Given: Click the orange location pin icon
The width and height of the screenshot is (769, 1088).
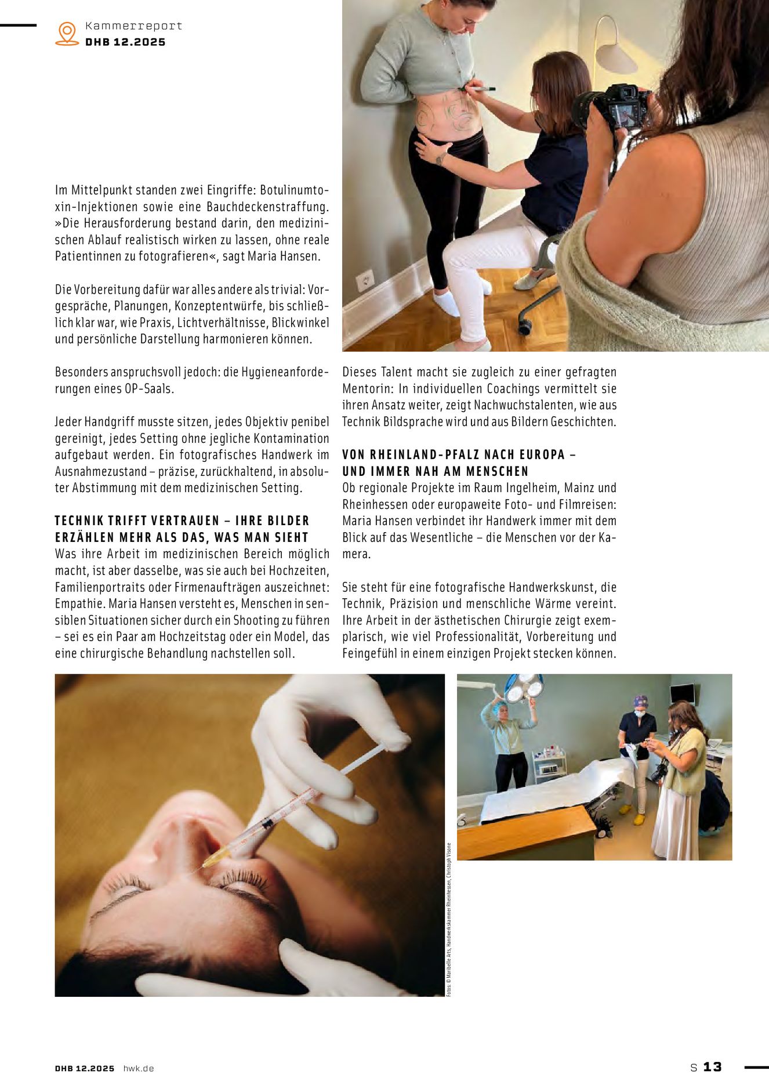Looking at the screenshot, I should point(67,33).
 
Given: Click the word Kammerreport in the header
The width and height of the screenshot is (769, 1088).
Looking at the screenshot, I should point(133,26).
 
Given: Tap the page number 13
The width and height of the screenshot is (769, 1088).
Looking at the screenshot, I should point(712,1067).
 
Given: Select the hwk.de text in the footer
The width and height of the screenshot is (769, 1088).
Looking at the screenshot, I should point(139,1068).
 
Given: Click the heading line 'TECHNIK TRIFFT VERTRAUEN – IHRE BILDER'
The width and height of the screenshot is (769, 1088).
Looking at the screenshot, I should point(182,520).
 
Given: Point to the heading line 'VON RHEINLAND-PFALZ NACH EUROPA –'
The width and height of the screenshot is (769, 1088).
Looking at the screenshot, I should point(459,454).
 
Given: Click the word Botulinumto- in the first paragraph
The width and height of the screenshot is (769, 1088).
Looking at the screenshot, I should point(294,190).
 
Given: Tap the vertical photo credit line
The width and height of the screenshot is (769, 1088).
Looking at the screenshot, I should point(449,919).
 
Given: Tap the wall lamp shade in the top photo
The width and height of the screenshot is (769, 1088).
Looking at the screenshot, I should point(616,58).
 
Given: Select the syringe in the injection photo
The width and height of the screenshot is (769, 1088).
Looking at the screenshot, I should point(290,807).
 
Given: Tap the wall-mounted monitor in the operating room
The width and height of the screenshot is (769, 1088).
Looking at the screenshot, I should point(681,693).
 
